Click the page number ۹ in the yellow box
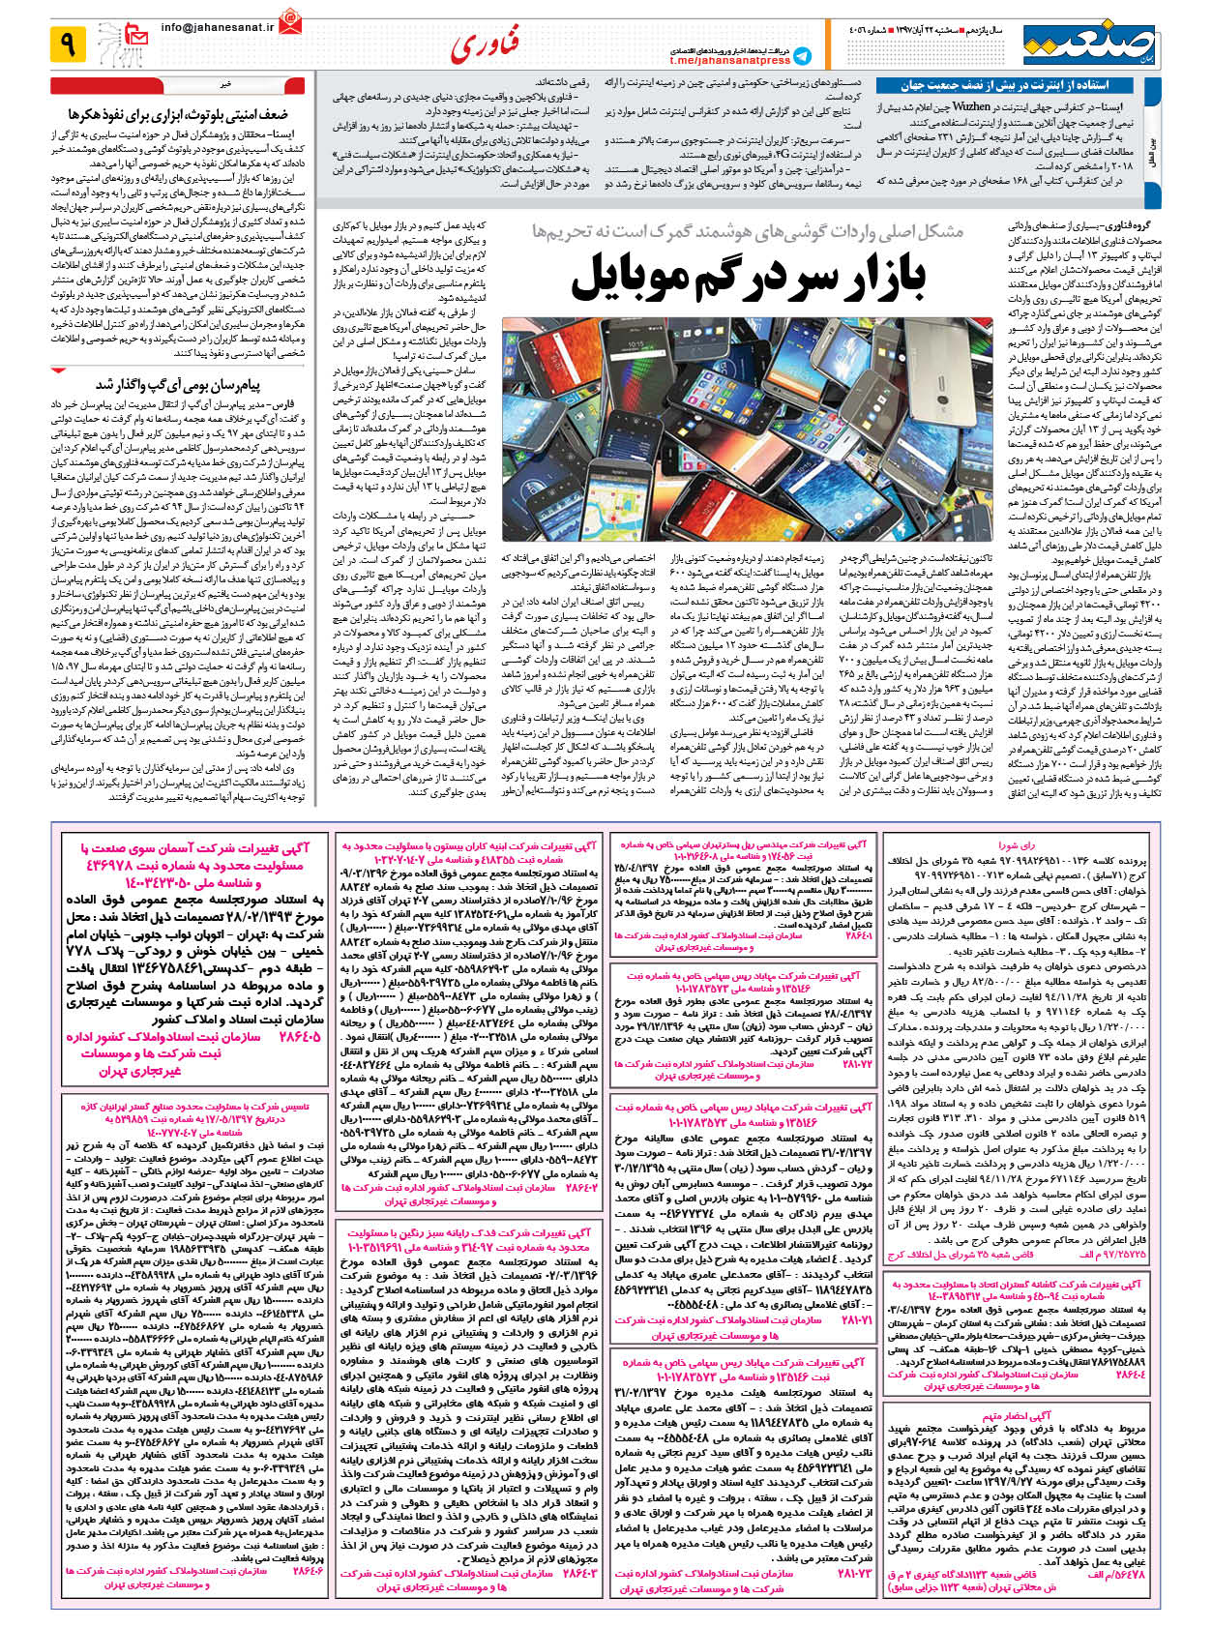68,44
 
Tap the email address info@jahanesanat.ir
218,28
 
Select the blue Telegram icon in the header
802,55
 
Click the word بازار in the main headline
874,279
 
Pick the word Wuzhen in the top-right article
970,106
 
